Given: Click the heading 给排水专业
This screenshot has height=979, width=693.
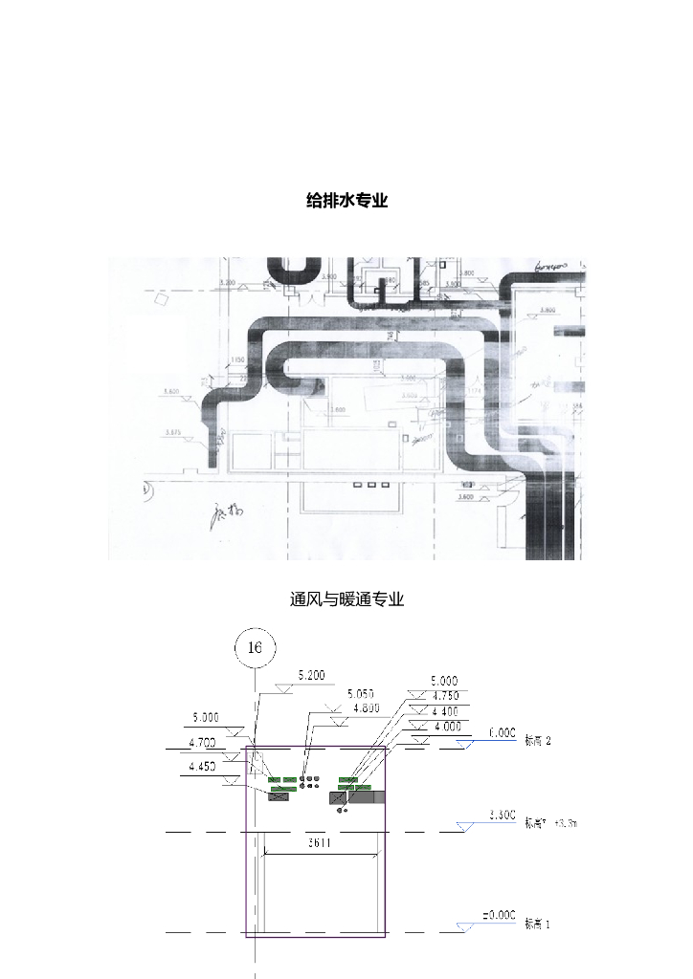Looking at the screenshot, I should pos(346,201).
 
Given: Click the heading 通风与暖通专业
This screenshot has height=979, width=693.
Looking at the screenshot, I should pos(346,599).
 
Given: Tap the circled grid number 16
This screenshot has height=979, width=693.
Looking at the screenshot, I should pos(255,648).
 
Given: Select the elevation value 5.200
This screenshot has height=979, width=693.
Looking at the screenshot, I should pos(312,675).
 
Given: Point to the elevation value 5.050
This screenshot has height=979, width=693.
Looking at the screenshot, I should pos(361,693).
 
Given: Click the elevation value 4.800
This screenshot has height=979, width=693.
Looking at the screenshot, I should pos(367,708).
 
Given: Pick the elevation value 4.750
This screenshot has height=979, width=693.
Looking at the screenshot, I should pos(444,696).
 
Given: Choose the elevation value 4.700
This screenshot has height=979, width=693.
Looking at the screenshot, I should pos(202,742).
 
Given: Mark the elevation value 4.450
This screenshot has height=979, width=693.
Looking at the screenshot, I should pos(202,767).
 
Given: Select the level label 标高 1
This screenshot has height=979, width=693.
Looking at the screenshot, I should pos(537,925).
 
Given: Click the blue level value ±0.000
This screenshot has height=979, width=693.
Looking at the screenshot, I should pos(499,916).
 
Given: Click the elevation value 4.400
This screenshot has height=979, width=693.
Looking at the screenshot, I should pos(444,711).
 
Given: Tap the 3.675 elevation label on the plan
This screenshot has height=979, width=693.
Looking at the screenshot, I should pos(173,433).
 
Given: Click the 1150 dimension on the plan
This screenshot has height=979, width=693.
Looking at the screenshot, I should pos(238,359).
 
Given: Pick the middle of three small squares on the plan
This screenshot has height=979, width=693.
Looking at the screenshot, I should pos(370,485).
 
